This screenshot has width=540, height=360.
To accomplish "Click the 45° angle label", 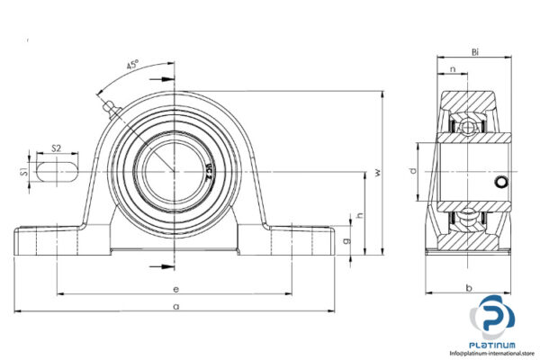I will point(132,66).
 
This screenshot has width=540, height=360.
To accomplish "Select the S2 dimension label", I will point(56,148).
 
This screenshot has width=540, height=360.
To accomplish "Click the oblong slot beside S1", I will point(56,169).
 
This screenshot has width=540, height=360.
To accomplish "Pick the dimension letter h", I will point(359,215).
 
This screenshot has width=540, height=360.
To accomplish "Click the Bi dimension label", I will point(474,53).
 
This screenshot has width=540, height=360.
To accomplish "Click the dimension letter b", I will point(470,288).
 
